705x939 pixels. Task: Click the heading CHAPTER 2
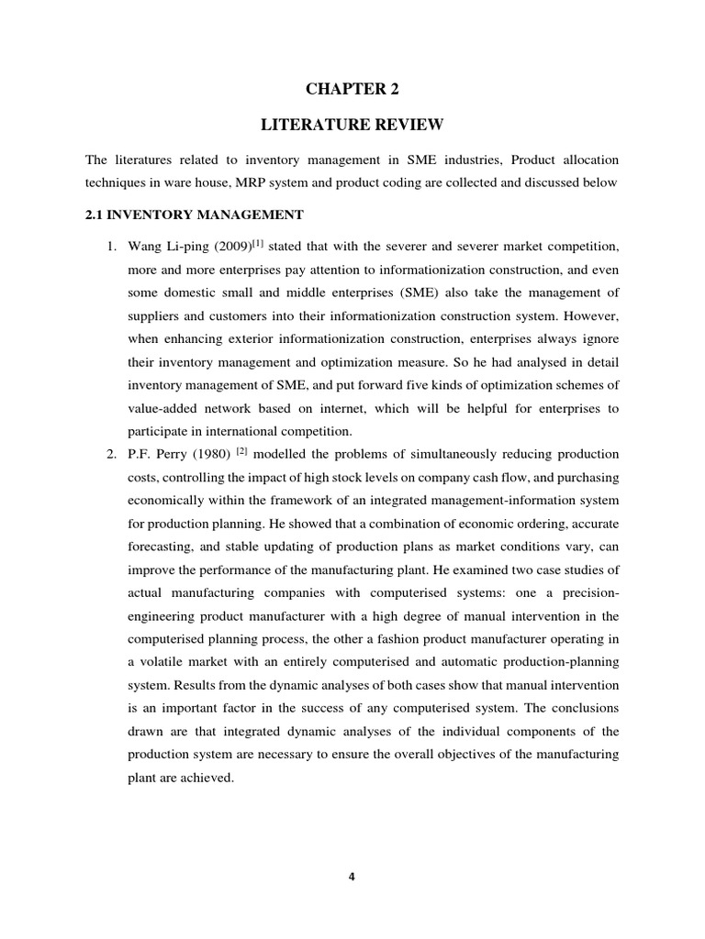click(352, 89)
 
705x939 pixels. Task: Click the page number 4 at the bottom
click(352, 876)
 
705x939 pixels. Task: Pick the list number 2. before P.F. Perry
click(108, 455)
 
